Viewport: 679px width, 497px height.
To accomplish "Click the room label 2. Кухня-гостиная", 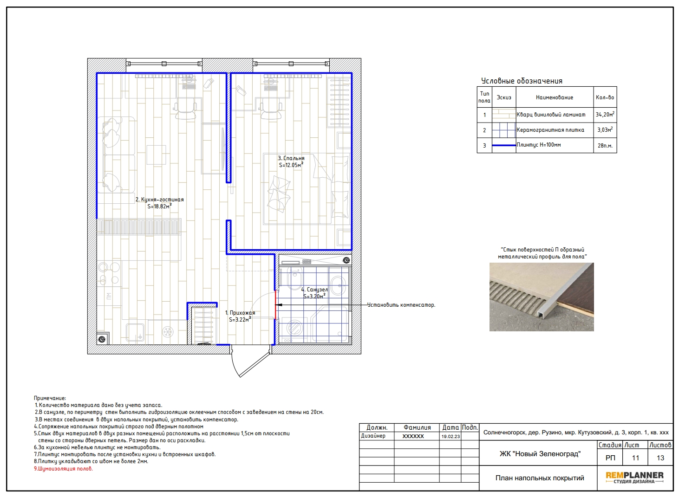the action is tap(159, 200).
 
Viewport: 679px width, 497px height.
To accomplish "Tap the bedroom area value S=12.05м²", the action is tap(291, 165).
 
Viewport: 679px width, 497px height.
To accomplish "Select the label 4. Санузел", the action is tap(314, 290).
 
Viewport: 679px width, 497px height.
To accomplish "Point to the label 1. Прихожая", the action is tap(240, 313).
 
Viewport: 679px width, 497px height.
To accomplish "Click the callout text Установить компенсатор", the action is tap(401, 305).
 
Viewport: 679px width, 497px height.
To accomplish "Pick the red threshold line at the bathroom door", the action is tap(275, 305).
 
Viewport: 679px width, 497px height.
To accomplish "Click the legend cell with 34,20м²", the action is tap(605, 115).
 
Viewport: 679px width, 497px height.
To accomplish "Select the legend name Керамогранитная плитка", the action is tap(550, 130).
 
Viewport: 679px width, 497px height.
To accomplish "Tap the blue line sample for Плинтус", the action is tap(504, 145).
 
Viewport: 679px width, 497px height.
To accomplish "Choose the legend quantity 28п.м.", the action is tap(605, 146).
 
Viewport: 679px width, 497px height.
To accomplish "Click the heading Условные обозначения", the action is tap(522, 81).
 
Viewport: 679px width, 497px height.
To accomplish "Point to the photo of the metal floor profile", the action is tap(542, 297).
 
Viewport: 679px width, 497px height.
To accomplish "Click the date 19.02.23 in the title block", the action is tap(450, 436).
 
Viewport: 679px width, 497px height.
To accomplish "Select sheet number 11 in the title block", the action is tap(635, 458).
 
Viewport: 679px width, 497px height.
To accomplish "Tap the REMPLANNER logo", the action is tap(634, 478).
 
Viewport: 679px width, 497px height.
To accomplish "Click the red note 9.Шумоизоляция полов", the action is tap(63, 469).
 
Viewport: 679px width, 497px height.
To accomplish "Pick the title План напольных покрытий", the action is tap(540, 478).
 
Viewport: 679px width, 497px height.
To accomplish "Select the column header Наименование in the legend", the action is tap(555, 97).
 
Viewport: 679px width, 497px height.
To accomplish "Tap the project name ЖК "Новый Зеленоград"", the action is tap(540, 454).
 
